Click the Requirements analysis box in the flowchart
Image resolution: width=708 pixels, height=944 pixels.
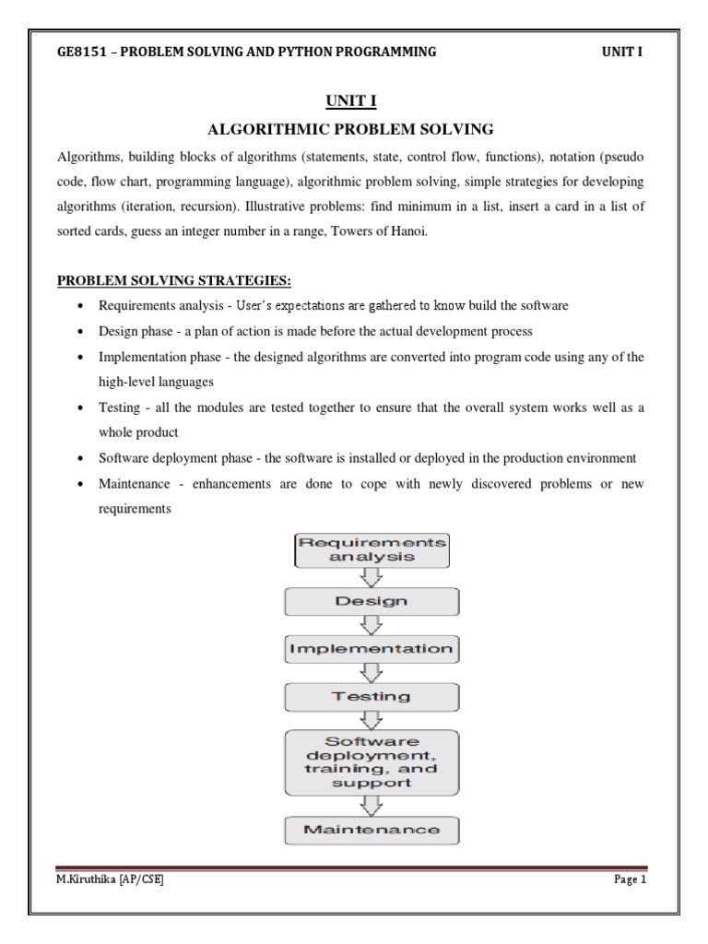[x=372, y=549]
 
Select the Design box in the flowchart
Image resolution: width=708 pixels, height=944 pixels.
[x=371, y=601]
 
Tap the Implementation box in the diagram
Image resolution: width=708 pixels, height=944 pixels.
[x=371, y=649]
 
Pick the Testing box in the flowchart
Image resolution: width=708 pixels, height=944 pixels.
[x=371, y=697]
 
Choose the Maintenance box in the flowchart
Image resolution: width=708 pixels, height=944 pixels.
[x=371, y=830]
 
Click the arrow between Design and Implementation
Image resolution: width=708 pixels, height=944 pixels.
[x=372, y=626]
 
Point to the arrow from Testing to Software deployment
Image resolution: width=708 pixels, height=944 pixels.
[x=372, y=721]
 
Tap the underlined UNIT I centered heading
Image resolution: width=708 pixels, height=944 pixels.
[x=353, y=100]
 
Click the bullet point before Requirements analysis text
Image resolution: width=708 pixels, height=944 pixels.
[x=84, y=306]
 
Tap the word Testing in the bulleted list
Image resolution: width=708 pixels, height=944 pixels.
[x=120, y=407]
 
